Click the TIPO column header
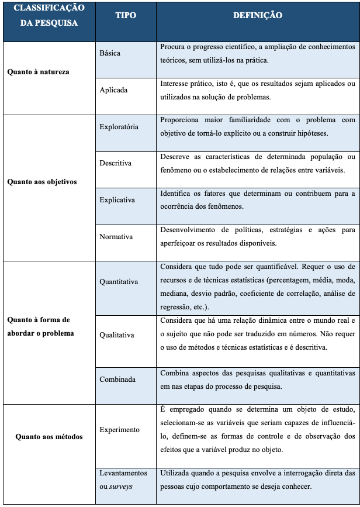(x=126, y=16)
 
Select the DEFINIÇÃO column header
(x=258, y=16)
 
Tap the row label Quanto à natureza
(x=38, y=72)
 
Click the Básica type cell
(x=110, y=53)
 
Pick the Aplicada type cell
(x=113, y=90)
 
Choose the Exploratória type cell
(x=119, y=127)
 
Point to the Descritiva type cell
(x=116, y=163)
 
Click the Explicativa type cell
(x=117, y=200)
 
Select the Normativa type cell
(x=116, y=237)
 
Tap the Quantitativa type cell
(x=119, y=282)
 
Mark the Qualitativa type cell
(x=117, y=335)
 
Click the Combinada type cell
(x=117, y=380)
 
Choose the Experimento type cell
(x=120, y=430)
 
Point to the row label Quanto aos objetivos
(x=42, y=182)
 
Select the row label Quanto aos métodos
(x=49, y=436)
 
